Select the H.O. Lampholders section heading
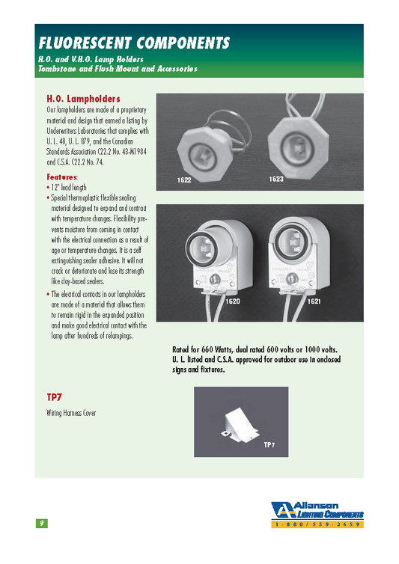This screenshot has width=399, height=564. pos(83,99)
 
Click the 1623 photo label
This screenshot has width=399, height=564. pos(276,180)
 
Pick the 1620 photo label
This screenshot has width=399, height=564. pos(233,300)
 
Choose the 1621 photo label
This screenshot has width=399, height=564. pos(314,300)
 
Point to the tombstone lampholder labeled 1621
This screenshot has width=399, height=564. pos(296,254)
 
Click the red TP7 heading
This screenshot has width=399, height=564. pos(54,398)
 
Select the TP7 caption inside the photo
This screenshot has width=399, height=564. pos(269,445)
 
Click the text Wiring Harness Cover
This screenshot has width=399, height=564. pos(71,413)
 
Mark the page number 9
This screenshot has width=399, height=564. pos(42,523)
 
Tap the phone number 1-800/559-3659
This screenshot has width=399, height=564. pos(318,526)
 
